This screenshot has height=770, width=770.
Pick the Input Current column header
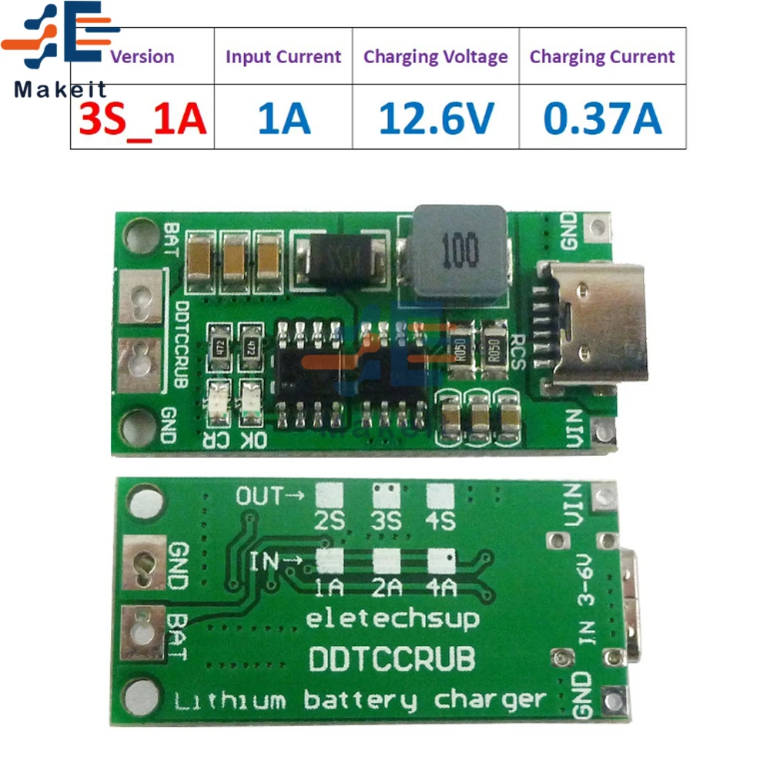click(x=283, y=56)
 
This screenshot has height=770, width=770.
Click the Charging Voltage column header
click(x=436, y=56)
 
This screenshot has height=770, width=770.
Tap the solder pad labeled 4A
click(x=440, y=561)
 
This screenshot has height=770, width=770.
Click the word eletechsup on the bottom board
click(x=393, y=618)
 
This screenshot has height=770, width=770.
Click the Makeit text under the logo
click(x=51, y=89)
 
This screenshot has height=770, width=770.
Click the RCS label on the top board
click(x=518, y=349)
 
